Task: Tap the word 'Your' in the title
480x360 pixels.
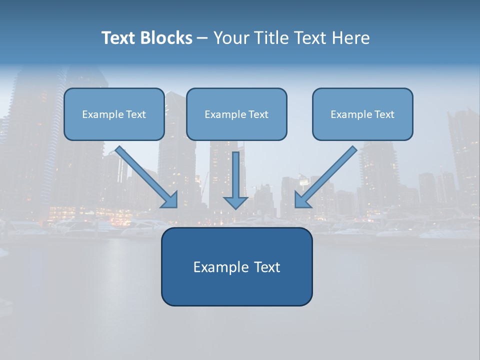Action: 233,38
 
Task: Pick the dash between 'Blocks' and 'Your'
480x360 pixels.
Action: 203,38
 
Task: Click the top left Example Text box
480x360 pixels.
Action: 114,114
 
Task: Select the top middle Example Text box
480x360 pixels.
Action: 236,114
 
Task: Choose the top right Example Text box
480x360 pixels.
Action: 362,114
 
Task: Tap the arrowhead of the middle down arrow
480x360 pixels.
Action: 235,202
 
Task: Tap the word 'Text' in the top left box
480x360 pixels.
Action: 136,114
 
